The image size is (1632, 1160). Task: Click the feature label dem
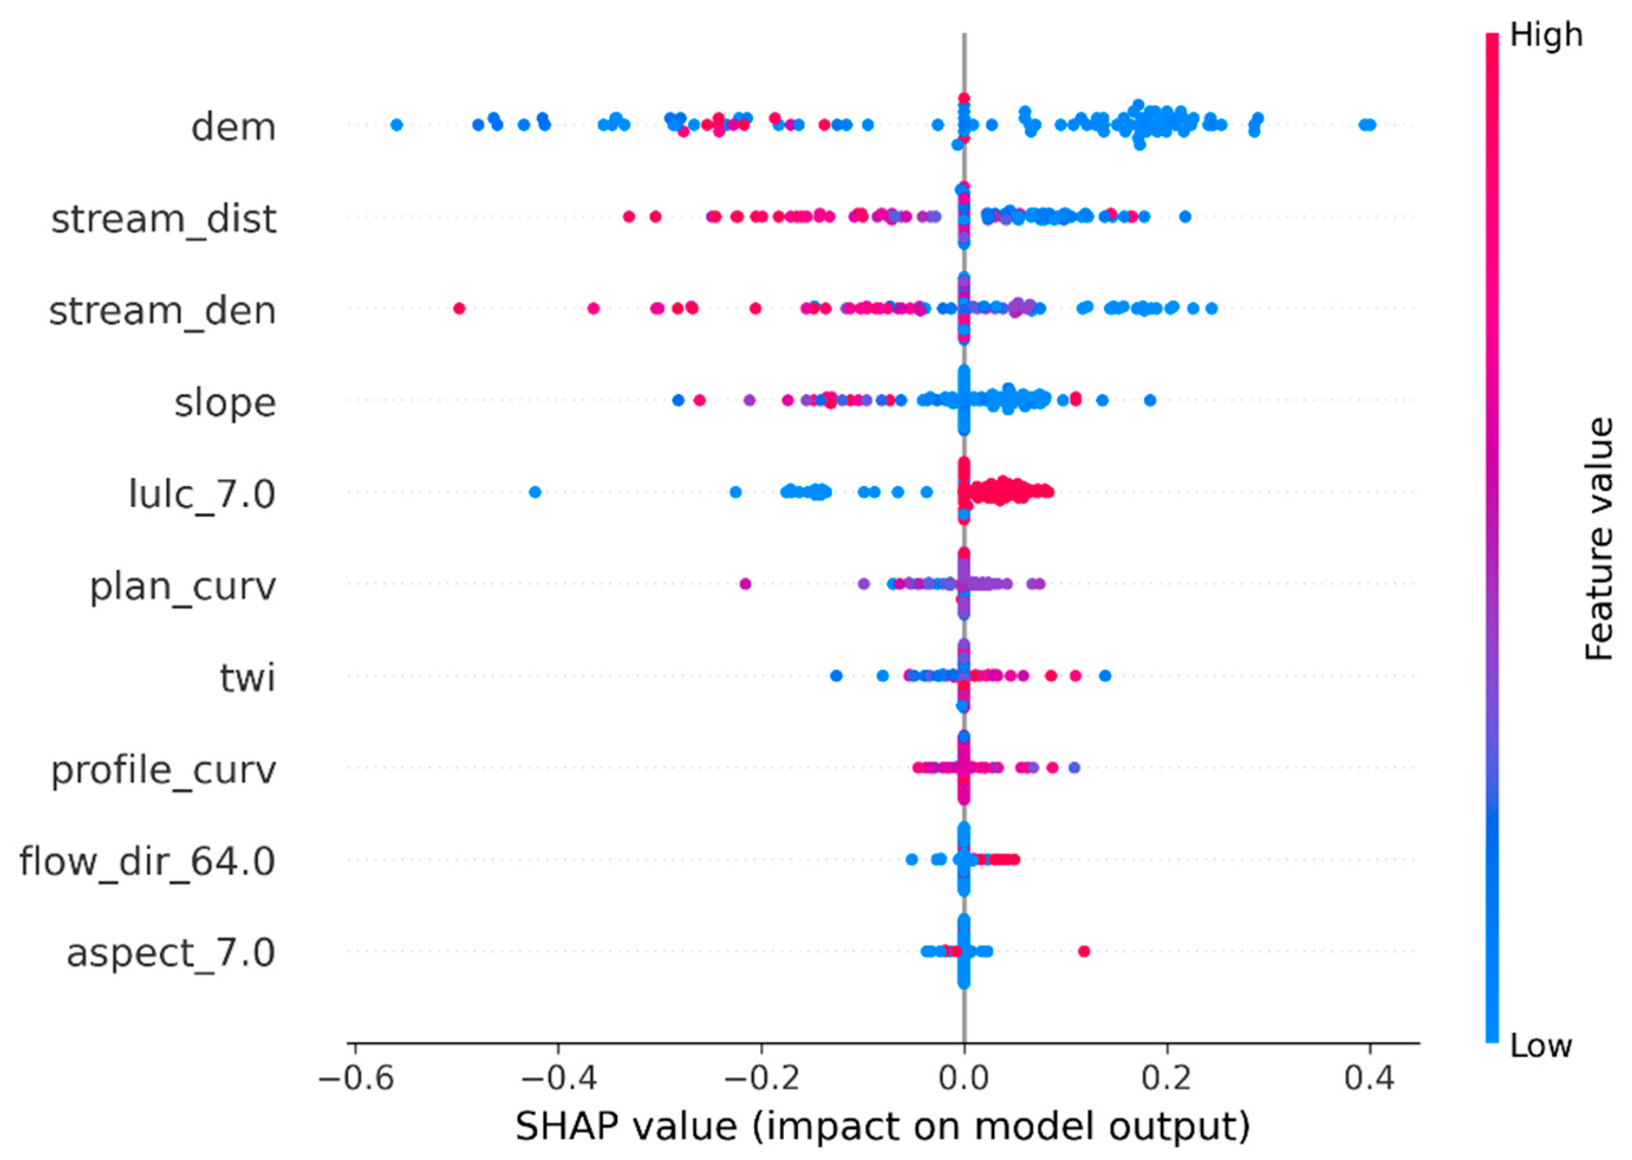click(x=233, y=128)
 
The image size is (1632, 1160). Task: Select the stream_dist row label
click(x=163, y=219)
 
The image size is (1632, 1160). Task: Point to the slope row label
click(x=225, y=403)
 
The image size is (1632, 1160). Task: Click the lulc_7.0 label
click(x=201, y=494)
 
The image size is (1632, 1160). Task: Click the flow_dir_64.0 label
click(x=147, y=861)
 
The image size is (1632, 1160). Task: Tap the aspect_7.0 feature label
click(x=171, y=952)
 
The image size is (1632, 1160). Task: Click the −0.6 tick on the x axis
click(x=355, y=1078)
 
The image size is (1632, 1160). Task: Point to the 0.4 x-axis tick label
click(x=1369, y=1078)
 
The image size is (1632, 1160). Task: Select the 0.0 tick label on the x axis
click(x=963, y=1078)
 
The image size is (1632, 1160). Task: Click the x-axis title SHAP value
click(x=883, y=1126)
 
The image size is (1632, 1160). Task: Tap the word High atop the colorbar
click(x=1546, y=35)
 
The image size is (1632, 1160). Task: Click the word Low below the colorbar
click(x=1540, y=1046)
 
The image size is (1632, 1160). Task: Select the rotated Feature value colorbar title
click(x=1598, y=539)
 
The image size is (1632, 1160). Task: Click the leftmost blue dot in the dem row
click(x=397, y=125)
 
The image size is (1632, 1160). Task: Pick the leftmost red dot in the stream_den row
click(x=460, y=308)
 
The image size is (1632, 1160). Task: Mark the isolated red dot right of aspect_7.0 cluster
click(x=1083, y=951)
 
